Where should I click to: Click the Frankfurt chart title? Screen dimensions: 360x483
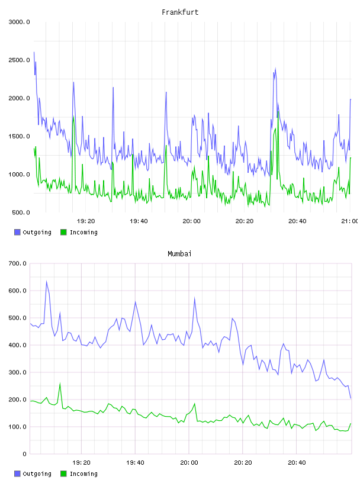point(180,12)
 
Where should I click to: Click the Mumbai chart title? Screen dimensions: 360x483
point(179,254)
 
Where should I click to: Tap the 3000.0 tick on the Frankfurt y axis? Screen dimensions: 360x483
point(19,22)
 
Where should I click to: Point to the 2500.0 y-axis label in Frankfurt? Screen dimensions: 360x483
point(19,60)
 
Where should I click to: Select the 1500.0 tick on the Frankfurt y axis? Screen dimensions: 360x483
point(19,137)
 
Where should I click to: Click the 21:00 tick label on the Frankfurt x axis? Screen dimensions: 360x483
point(350,221)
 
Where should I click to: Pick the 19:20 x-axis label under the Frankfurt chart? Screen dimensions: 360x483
point(86,221)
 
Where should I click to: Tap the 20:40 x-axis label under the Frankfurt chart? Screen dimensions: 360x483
point(297,221)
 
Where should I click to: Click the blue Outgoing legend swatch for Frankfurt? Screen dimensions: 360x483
point(17,232)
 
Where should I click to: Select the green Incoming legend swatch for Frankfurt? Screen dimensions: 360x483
point(63,232)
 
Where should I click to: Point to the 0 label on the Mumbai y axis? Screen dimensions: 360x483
point(24,454)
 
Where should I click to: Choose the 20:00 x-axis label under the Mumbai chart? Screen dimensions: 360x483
point(189,463)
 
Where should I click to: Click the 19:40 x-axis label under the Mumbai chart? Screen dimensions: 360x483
point(135,463)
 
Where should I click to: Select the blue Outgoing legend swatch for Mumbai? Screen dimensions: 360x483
point(17,474)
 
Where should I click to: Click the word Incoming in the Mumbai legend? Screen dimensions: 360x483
point(83,474)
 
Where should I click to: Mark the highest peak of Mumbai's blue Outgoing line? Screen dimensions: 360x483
point(47,281)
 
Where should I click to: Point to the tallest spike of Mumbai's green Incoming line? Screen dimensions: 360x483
point(60,384)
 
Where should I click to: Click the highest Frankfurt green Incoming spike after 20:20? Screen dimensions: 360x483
point(278,112)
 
